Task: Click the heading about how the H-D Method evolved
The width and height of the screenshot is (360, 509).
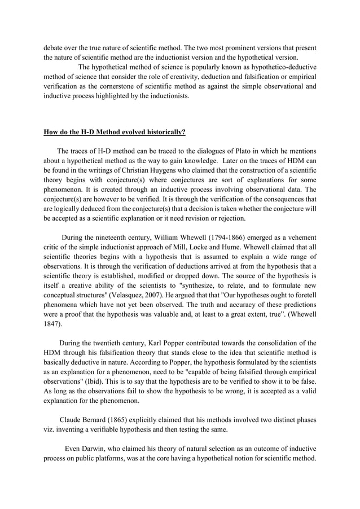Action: [x=114, y=133]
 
